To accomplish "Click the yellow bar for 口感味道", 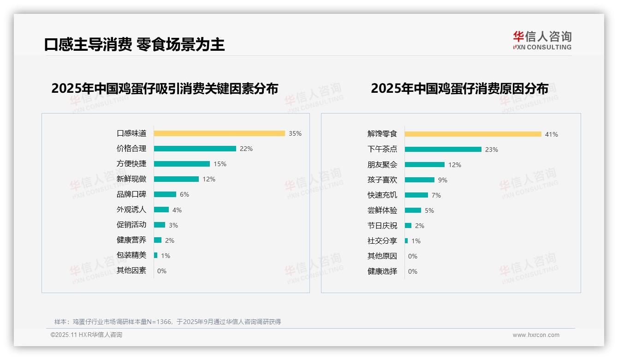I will (219, 133).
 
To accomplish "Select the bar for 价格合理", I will (195, 149).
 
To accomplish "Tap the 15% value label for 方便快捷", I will (220, 164).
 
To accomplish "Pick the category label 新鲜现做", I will (131, 179).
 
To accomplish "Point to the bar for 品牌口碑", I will (165, 194).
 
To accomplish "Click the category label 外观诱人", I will (131, 210).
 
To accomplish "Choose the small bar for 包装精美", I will (156, 255).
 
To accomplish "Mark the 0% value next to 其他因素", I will (162, 271).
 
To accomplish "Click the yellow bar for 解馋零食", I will (473, 134).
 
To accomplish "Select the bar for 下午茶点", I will (443, 150).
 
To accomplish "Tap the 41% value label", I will (552, 134).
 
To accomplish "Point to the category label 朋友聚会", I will (382, 165).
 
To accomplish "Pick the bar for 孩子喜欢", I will (420, 180).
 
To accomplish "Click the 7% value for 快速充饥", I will (436, 195).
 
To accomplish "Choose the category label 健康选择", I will (382, 271).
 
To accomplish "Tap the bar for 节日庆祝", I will (408, 226).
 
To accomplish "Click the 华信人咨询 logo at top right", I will (542, 41).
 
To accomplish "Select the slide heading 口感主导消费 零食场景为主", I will (134, 44).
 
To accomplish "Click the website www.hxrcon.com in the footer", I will (536, 335).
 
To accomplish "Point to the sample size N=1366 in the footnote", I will (161, 322).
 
